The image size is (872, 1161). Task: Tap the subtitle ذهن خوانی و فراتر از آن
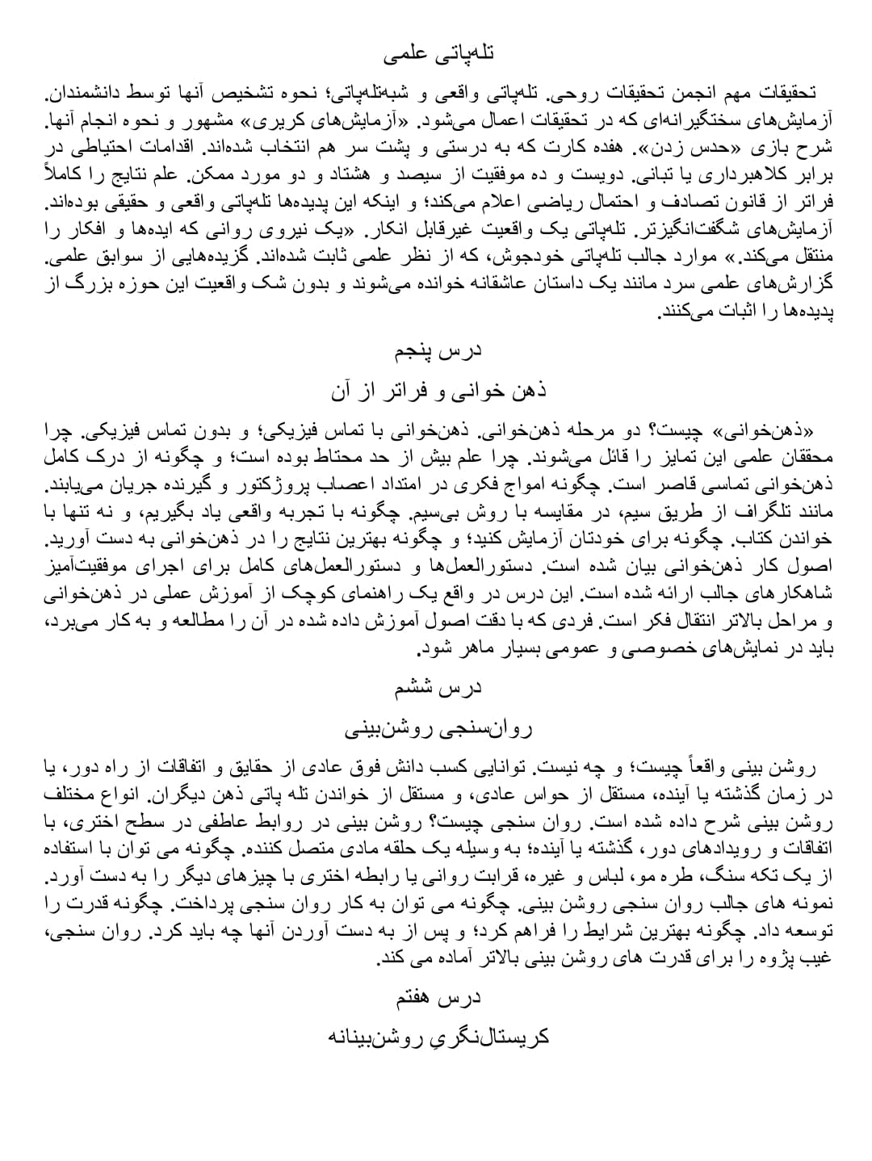point(438,391)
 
